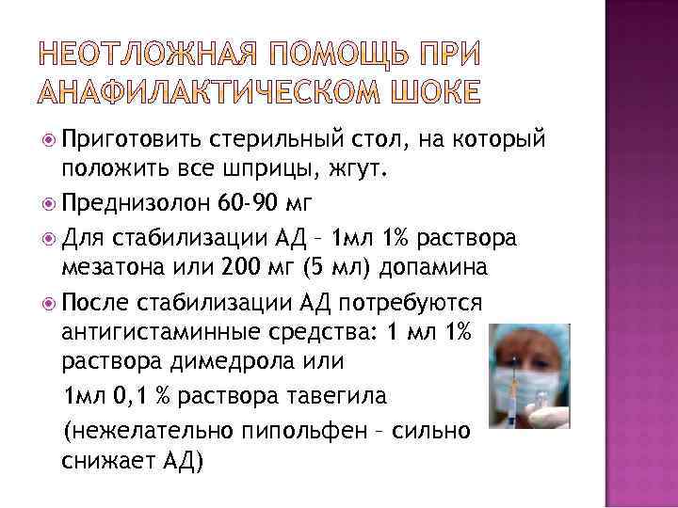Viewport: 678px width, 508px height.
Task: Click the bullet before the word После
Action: [50, 303]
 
